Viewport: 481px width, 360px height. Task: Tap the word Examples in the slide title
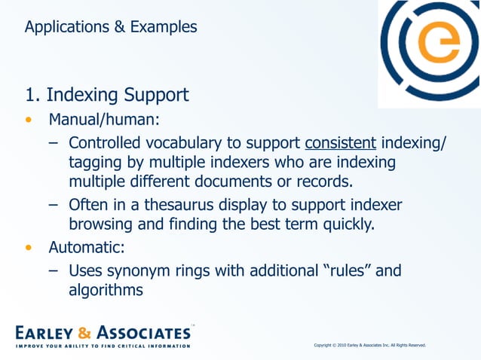[164, 27]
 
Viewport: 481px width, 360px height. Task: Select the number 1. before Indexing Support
[32, 96]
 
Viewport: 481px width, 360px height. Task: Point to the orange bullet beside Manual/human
[29, 121]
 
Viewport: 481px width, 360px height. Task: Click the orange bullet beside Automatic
[29, 246]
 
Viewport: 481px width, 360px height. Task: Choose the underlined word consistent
[340, 142]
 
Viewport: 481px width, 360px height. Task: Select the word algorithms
[106, 289]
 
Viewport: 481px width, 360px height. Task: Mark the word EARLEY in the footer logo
[44, 332]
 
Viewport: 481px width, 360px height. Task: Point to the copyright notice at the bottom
[369, 345]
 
